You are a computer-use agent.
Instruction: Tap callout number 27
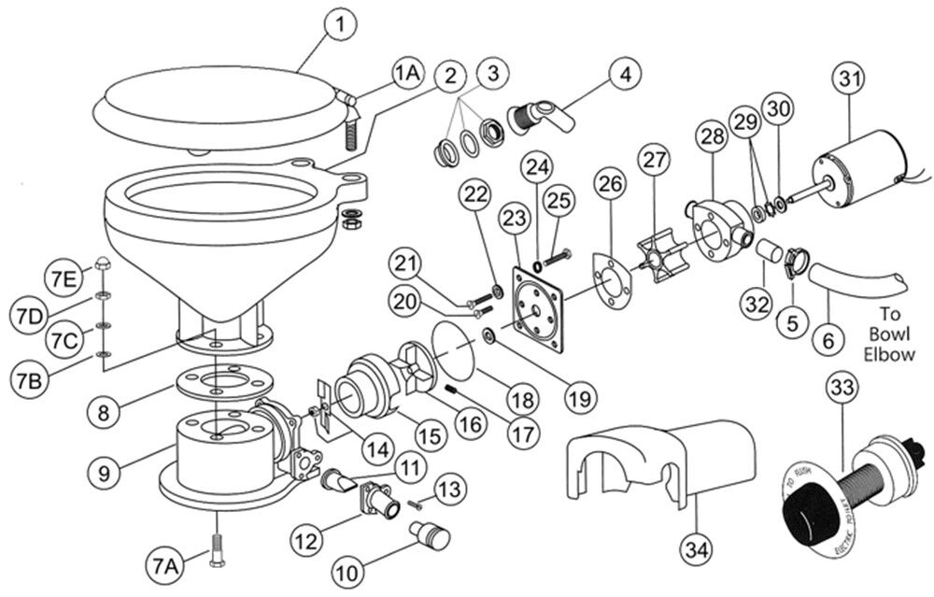(x=651, y=158)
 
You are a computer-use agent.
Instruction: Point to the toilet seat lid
(x=219, y=103)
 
